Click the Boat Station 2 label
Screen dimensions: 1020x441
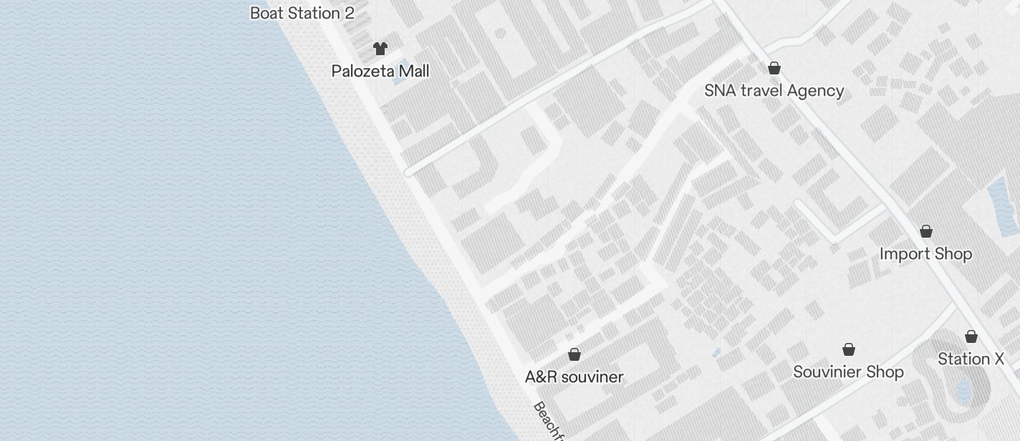pyautogui.click(x=302, y=13)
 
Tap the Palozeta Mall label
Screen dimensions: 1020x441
pyautogui.click(x=380, y=71)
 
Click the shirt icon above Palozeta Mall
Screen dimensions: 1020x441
pyautogui.click(x=380, y=49)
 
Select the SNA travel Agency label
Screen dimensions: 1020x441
pyautogui.click(x=774, y=91)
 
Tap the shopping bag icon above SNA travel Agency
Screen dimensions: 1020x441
pyautogui.click(x=774, y=68)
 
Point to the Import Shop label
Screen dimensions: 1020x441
pyautogui.click(x=925, y=254)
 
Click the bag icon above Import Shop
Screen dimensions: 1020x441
pyautogui.click(x=926, y=231)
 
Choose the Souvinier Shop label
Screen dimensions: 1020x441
pyautogui.click(x=848, y=372)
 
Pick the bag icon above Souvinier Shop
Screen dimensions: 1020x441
pyautogui.click(x=849, y=349)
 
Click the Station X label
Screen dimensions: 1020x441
pyautogui.click(x=971, y=359)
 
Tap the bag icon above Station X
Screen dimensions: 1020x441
pyautogui.click(x=971, y=336)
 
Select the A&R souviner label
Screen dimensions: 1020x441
pyautogui.click(x=574, y=377)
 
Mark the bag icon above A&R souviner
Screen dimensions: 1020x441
pyautogui.click(x=574, y=354)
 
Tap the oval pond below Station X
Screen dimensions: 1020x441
pyautogui.click(x=963, y=390)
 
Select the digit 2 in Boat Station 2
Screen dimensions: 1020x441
pyautogui.click(x=350, y=13)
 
